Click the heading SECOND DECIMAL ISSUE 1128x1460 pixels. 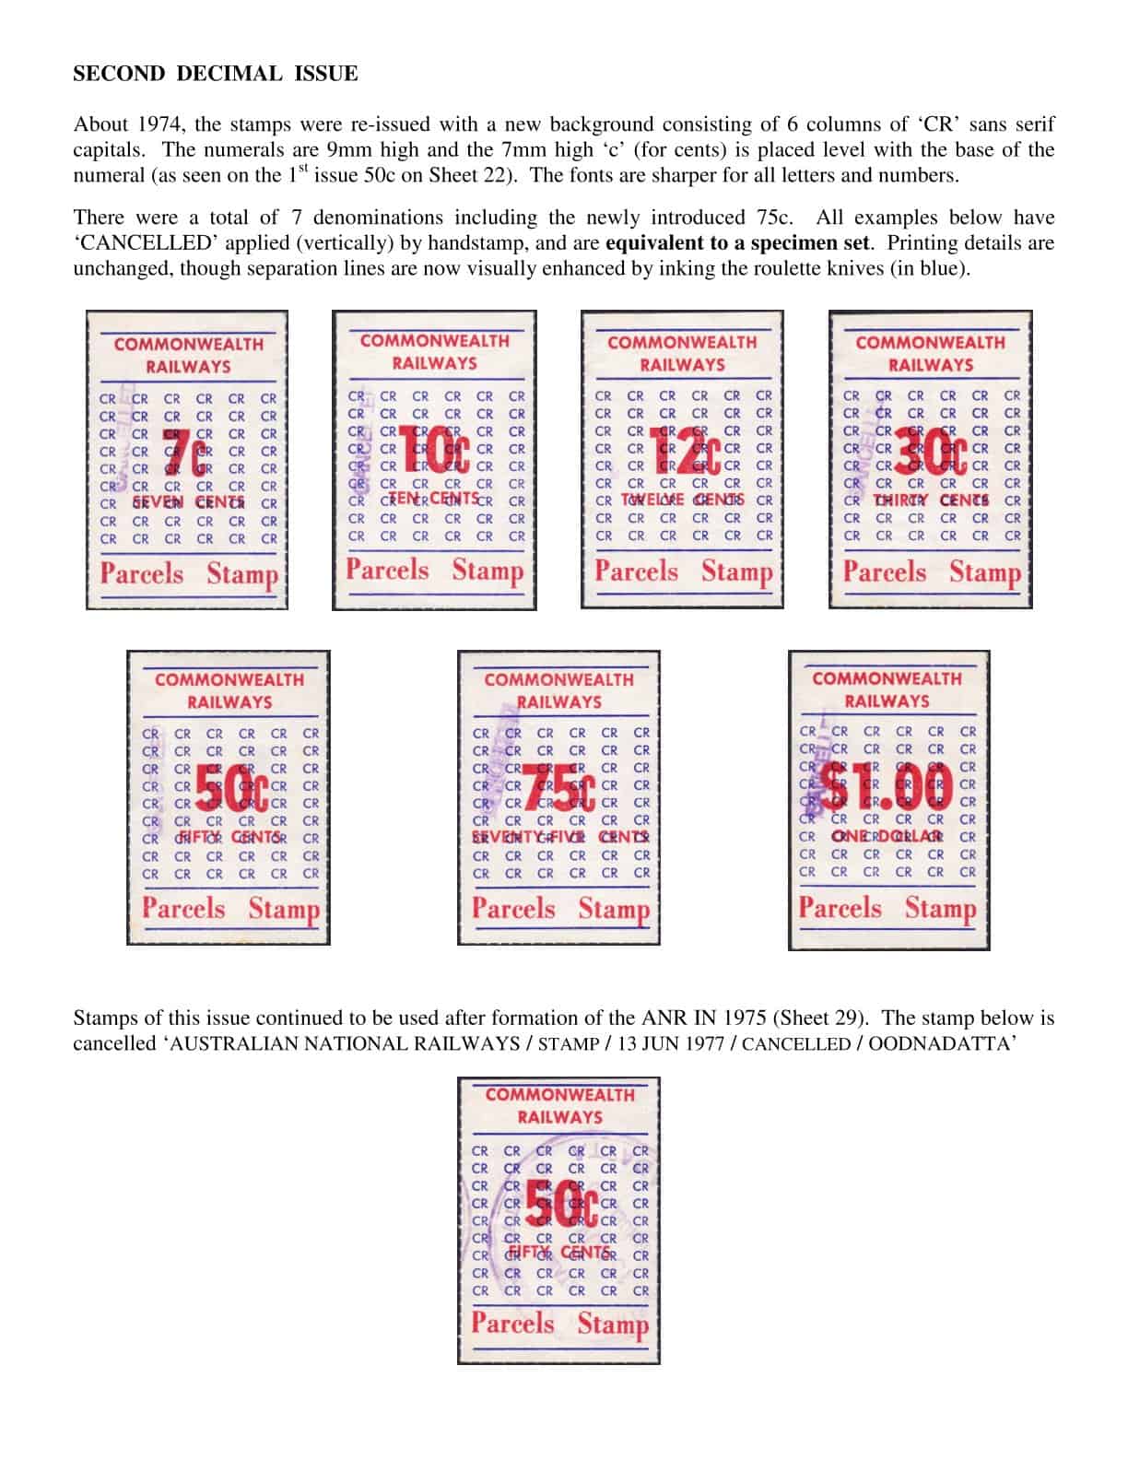click(x=215, y=74)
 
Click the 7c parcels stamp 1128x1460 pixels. click(x=187, y=461)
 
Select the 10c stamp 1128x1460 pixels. click(x=434, y=460)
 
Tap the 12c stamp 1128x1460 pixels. click(x=682, y=459)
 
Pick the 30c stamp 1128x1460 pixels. click(x=931, y=460)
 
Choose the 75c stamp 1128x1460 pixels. click(x=558, y=797)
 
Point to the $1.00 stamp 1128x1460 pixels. click(x=889, y=796)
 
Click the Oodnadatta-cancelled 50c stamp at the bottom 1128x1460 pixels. click(x=558, y=1220)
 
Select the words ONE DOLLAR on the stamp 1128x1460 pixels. click(x=887, y=837)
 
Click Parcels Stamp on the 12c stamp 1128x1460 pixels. click(x=682, y=571)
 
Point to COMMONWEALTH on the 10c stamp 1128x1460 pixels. click(x=434, y=341)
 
